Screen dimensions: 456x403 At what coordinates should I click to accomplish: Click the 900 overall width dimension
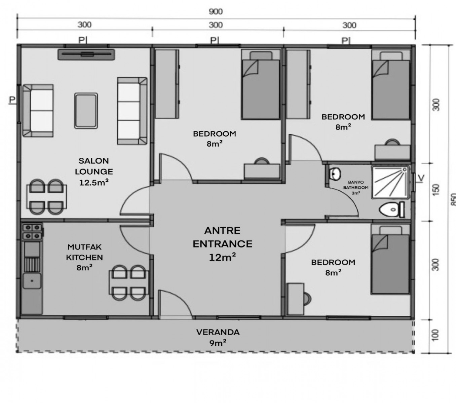[x=216, y=11]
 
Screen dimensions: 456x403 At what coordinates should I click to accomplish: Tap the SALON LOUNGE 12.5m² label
[x=94, y=172]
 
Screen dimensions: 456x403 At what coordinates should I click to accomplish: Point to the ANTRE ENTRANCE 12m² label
[x=222, y=244]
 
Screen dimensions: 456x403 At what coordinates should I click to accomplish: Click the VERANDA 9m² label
[x=218, y=338]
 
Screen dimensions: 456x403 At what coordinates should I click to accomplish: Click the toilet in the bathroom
[x=392, y=210]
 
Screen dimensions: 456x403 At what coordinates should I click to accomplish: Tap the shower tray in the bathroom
[x=390, y=182]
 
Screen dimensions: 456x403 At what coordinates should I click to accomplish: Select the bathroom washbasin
[x=335, y=174]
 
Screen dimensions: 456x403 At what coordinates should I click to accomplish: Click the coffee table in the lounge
[x=86, y=111]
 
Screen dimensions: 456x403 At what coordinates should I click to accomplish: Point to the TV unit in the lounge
[x=86, y=54]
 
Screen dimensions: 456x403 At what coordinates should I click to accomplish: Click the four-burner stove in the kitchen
[x=33, y=231]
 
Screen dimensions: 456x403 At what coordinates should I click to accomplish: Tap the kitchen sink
[x=32, y=281]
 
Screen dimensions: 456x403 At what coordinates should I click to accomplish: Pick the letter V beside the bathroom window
[x=421, y=178]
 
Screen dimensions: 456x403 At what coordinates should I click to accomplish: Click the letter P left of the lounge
[x=12, y=99]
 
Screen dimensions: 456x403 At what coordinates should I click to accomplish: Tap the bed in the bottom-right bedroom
[x=390, y=259]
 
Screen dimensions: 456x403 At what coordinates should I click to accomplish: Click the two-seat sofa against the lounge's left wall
[x=38, y=110]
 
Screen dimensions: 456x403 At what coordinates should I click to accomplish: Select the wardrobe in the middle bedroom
[x=167, y=84]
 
